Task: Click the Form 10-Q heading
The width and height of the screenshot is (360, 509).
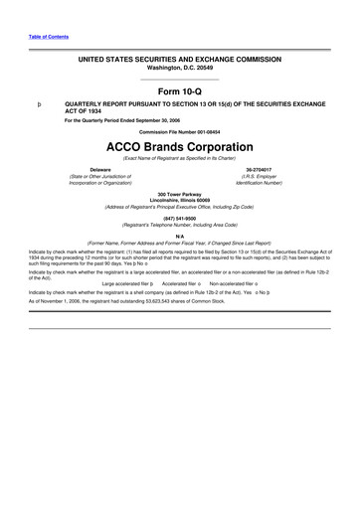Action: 179,92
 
